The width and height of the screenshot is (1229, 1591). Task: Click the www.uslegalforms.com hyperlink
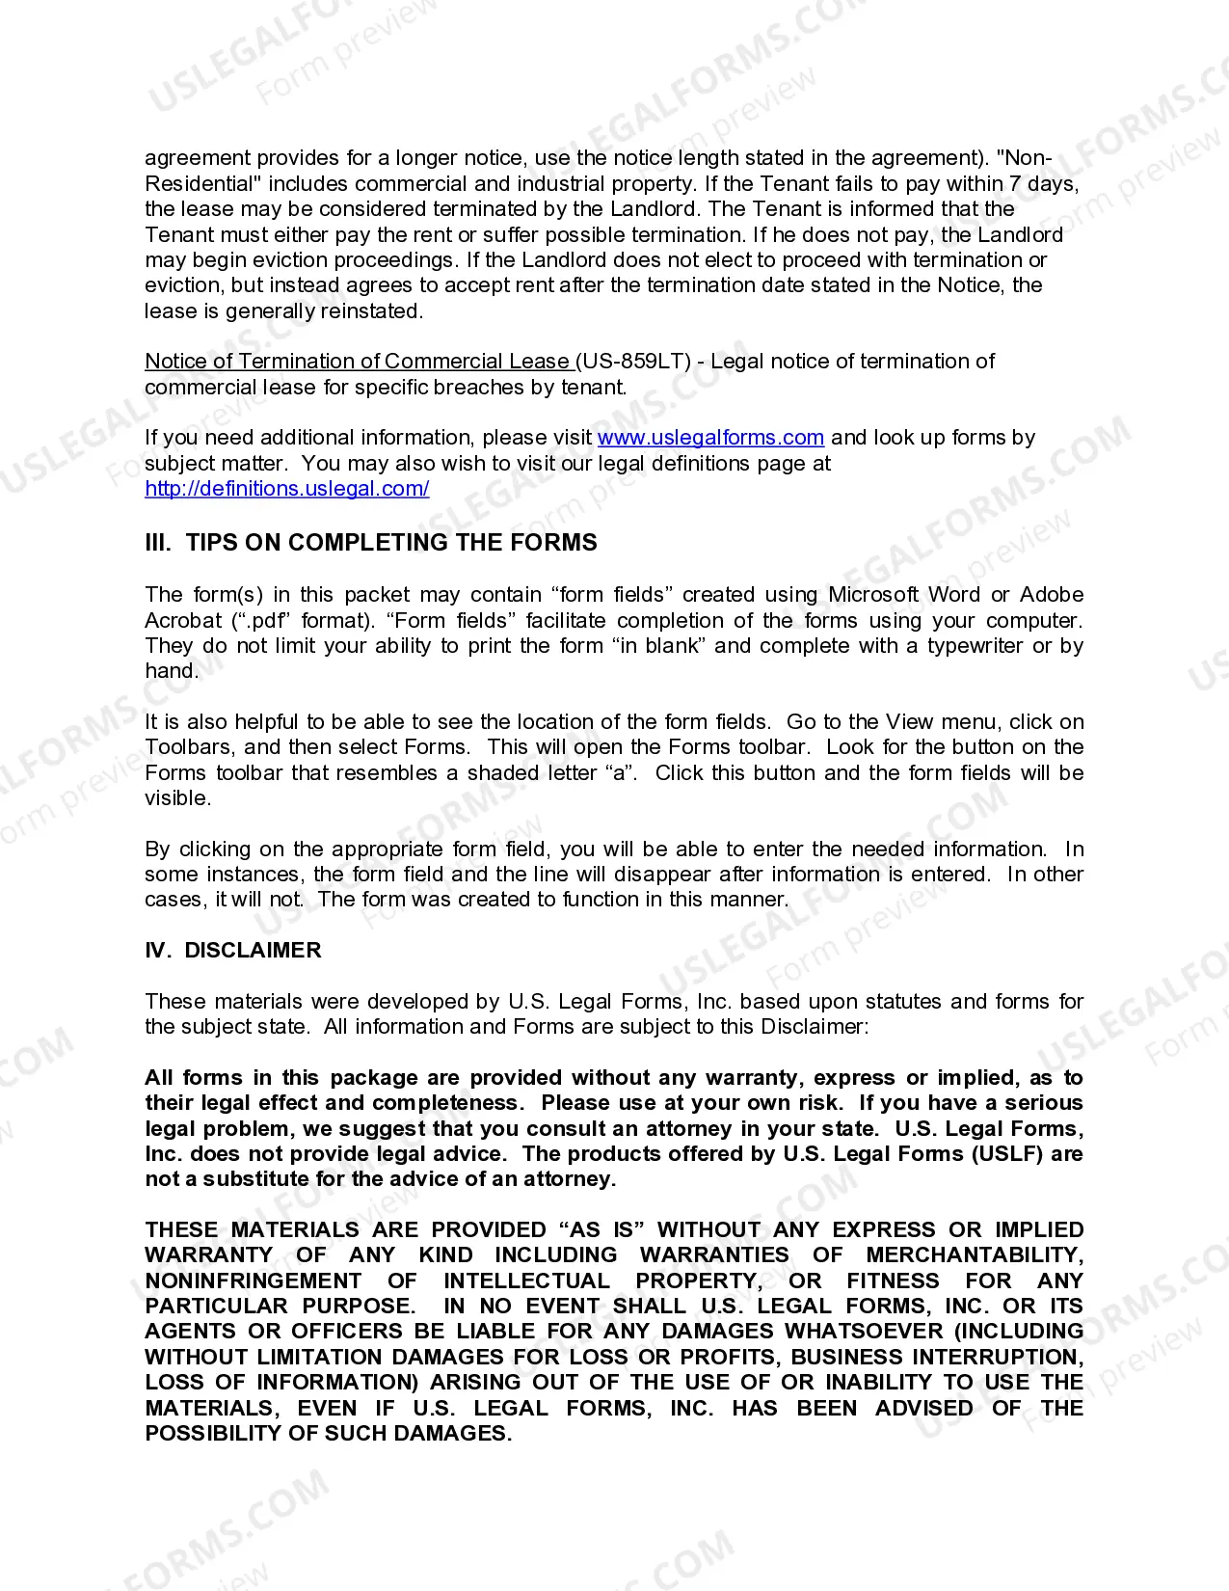(x=710, y=438)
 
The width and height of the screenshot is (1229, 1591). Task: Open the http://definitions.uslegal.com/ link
(x=287, y=489)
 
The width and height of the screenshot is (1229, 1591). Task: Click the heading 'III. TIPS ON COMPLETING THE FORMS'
(x=371, y=543)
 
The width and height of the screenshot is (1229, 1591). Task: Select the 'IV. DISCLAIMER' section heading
(x=233, y=951)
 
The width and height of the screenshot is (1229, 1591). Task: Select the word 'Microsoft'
(x=874, y=595)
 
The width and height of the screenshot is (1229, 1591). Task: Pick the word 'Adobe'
(x=1052, y=595)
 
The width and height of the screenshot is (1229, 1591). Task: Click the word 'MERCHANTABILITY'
(x=975, y=1255)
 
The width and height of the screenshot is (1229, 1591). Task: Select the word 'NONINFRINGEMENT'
(x=254, y=1281)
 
